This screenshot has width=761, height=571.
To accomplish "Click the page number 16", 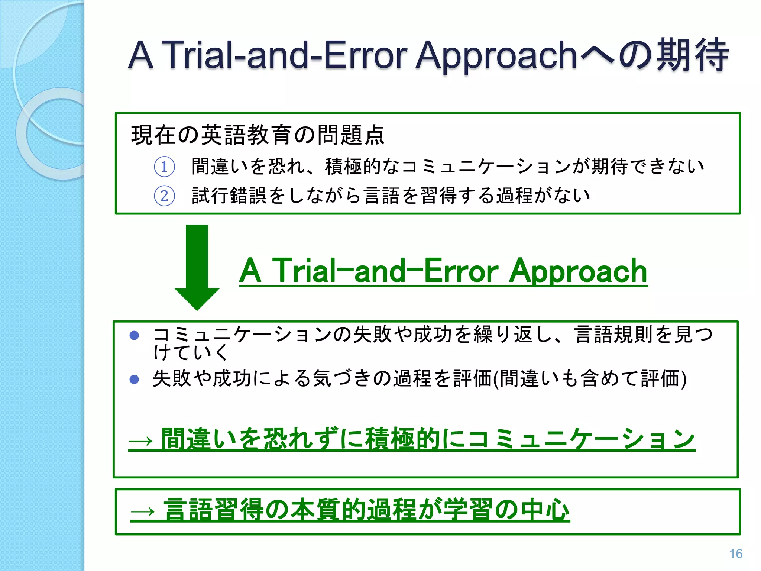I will click(735, 554).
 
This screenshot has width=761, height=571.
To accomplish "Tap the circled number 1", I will click(164, 167).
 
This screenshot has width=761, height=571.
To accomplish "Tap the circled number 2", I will click(164, 196).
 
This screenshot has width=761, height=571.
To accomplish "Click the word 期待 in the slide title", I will click(692, 55).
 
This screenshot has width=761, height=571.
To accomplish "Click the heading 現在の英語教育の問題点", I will click(258, 135).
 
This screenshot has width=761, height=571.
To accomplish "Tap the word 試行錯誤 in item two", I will click(229, 196).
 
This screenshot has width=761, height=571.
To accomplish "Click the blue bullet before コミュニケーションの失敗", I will click(134, 336).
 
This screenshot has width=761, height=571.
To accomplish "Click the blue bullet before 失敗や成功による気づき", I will click(134, 380).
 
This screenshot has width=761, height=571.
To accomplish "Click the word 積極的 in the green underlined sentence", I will click(403, 439).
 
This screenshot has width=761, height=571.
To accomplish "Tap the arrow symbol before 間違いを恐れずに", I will click(141, 441).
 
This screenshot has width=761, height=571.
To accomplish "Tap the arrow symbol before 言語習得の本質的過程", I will click(143, 512).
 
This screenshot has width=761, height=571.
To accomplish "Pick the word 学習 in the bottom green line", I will click(468, 510).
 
